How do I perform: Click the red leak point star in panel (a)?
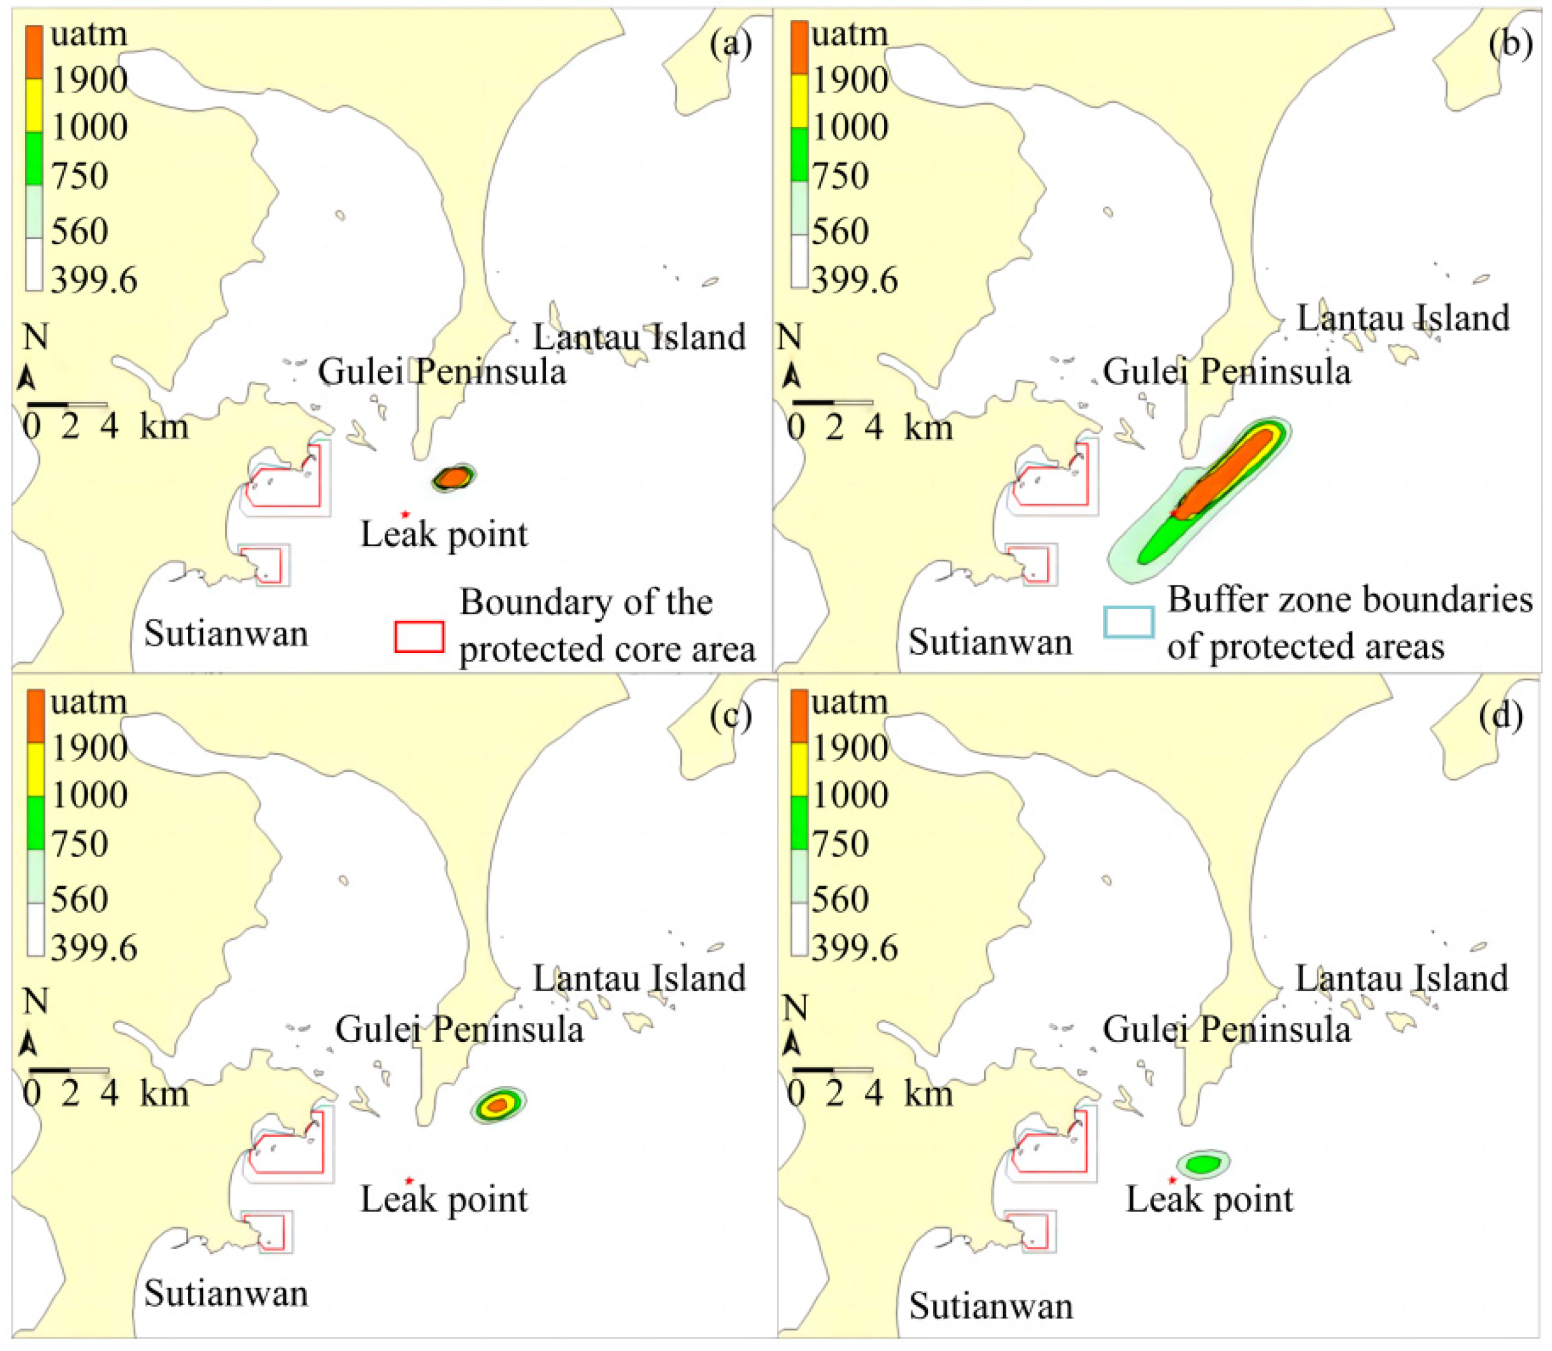(x=405, y=515)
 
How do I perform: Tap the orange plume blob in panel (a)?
(x=453, y=477)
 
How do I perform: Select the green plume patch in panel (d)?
(x=1203, y=1163)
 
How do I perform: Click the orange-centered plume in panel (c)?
(x=498, y=1105)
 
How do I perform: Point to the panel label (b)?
(x=1510, y=44)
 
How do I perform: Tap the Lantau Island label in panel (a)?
(x=639, y=337)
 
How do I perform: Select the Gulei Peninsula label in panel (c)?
(x=459, y=1029)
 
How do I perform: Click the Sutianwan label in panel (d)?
(x=990, y=1305)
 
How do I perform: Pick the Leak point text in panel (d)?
(x=1209, y=1199)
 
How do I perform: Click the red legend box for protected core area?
(x=419, y=636)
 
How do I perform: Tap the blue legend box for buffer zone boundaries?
(x=1128, y=623)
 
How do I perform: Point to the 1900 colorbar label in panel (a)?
(x=89, y=80)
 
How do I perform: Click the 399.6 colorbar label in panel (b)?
(x=854, y=281)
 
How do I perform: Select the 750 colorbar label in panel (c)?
(x=79, y=843)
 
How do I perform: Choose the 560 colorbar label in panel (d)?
(x=840, y=899)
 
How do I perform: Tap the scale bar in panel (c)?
(x=68, y=1070)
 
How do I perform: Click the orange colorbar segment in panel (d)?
(x=799, y=716)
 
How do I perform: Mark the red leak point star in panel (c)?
(x=409, y=1181)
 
